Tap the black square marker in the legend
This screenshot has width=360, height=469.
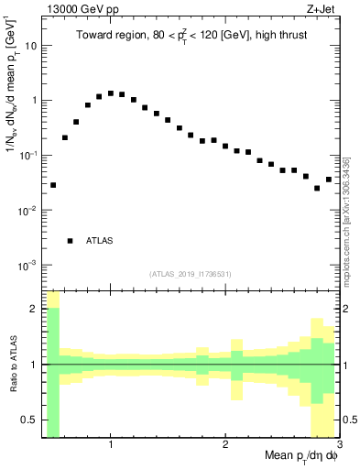click(70, 241)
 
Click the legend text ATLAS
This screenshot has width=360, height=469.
click(99, 241)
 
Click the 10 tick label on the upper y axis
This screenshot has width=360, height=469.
click(31, 45)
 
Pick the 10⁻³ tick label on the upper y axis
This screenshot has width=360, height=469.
click(27, 265)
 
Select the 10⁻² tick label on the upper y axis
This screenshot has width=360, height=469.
click(27, 210)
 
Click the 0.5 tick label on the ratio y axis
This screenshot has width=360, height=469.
click(29, 420)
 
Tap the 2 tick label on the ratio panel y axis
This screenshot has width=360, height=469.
click(34, 309)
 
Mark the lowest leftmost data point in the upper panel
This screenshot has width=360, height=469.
click(53, 185)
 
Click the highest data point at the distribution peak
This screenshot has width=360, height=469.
click(111, 93)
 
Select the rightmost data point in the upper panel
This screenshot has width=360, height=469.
click(329, 180)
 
